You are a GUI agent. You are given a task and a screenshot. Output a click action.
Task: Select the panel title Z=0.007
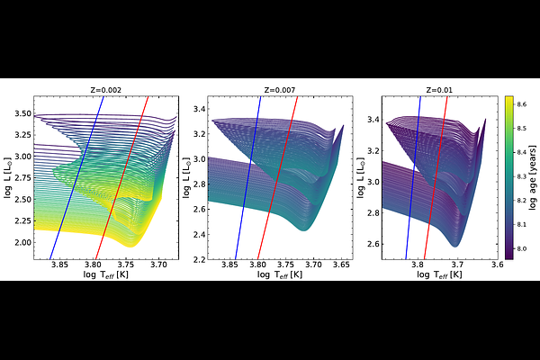point(280,90)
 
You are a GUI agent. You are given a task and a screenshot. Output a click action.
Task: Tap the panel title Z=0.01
point(439,90)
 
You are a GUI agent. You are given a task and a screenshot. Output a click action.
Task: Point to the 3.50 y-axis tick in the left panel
point(23,113)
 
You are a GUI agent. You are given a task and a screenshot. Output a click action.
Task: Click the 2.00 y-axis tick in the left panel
point(23,242)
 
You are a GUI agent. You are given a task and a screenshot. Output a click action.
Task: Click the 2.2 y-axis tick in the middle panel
point(199,259)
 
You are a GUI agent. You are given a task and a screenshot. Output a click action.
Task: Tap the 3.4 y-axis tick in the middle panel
point(199,109)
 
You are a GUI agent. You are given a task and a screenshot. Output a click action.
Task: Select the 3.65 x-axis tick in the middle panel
point(342,265)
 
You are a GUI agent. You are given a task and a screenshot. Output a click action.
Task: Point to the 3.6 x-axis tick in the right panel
point(498,265)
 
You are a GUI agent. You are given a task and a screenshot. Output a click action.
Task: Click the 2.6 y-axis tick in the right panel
point(373,244)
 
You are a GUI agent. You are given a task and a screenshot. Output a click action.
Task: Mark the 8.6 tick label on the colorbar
point(522,104)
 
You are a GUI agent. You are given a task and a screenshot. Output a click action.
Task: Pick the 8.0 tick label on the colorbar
point(522,248)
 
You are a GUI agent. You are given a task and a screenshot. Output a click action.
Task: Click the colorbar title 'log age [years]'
point(533,178)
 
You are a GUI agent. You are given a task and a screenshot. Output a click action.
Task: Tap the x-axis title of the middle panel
point(280,274)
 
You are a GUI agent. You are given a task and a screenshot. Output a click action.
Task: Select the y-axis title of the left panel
point(7,178)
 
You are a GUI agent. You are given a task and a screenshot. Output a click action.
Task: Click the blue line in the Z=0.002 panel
point(76,178)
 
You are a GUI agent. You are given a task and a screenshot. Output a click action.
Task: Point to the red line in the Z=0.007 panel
point(277,178)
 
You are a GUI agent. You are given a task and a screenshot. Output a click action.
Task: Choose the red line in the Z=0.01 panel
point(436,178)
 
